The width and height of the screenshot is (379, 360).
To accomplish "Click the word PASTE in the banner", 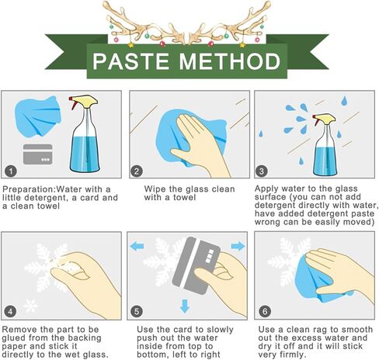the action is (130, 61).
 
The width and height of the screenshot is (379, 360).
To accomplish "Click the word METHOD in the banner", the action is (230, 61).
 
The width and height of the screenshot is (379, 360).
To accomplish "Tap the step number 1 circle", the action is (11, 171).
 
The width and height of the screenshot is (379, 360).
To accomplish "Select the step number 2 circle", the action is (137, 171).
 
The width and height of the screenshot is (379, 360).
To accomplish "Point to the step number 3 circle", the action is (261, 171).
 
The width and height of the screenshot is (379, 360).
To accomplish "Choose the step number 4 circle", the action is (10, 311).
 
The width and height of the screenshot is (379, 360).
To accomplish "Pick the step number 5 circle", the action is (137, 311).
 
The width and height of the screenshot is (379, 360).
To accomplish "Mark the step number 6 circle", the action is (265, 311).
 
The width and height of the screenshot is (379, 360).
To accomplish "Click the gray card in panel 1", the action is (38, 154).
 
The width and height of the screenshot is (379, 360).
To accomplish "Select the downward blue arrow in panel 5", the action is (185, 306).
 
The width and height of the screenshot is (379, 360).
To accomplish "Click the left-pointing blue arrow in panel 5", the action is (137, 246).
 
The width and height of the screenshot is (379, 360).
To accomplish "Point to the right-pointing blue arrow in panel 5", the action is (238, 246).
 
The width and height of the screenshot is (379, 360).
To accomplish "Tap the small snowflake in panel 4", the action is (30, 306).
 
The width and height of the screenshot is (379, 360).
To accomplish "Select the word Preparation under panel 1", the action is (29, 189).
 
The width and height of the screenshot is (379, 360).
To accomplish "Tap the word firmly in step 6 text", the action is (293, 355).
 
